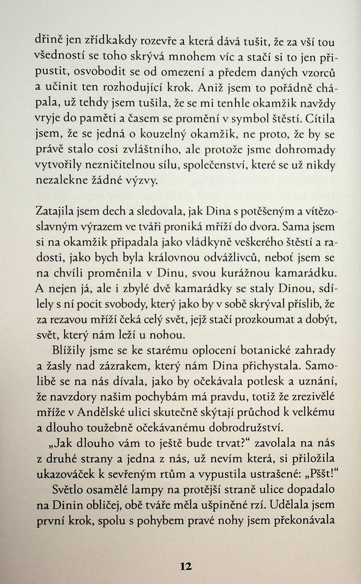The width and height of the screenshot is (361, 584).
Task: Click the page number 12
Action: [x=186, y=566]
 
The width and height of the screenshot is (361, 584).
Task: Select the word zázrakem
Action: [x=141, y=367]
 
